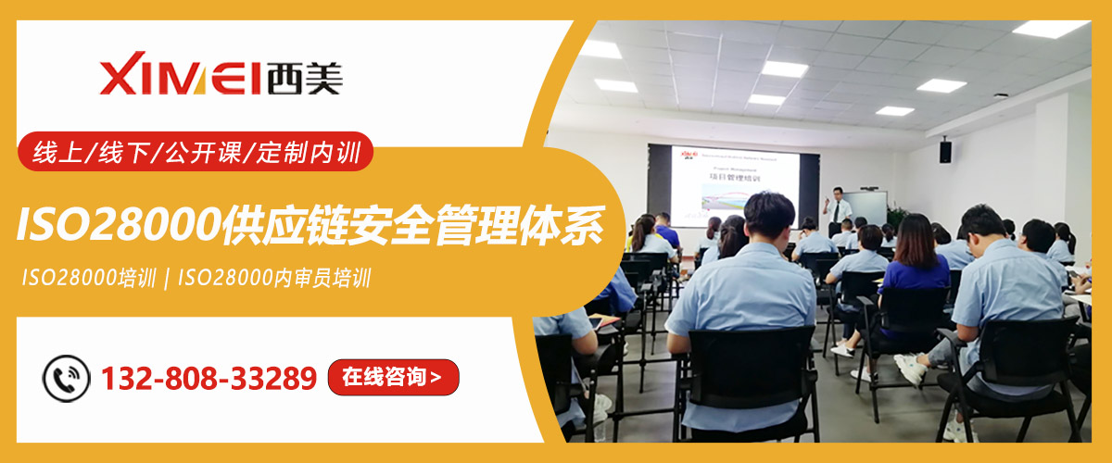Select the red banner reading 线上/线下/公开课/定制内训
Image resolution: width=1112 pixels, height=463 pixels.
(x=196, y=152)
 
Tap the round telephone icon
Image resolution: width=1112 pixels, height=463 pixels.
(x=67, y=378)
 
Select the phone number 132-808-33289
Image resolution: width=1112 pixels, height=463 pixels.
(x=208, y=378)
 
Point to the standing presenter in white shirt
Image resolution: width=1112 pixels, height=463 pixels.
(x=838, y=208)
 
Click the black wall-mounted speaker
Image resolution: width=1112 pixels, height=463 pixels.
(x=945, y=151)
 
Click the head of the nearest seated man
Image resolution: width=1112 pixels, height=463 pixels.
(x=768, y=215)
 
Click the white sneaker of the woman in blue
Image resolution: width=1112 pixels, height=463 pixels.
(x=842, y=350)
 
